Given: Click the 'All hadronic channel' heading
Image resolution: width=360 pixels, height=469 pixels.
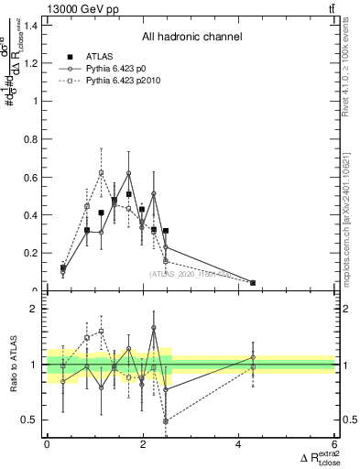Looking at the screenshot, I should pyautogui.click(x=191, y=38).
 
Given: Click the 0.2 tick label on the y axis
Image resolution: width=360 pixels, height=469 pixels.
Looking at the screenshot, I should pyautogui.click(x=33, y=253).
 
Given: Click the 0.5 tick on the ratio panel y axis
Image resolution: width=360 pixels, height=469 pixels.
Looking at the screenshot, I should pyautogui.click(x=33, y=420).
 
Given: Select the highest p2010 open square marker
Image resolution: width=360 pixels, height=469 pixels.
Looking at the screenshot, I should pyautogui.click(x=102, y=172).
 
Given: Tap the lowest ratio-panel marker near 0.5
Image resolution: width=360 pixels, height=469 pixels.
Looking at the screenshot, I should pyautogui.click(x=166, y=421).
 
